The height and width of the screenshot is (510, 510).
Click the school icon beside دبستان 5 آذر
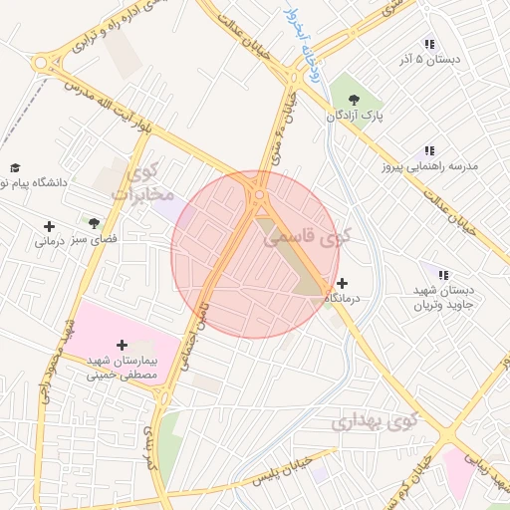[429, 45]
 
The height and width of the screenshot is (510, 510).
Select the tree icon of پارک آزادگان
[356, 99]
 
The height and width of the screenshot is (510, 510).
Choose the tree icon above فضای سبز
[94, 223]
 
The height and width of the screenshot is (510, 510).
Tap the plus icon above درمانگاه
[343, 283]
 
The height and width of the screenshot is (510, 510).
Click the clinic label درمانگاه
[343, 298]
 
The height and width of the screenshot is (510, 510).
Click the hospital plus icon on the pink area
[123, 344]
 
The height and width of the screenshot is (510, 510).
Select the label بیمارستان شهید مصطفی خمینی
[120, 368]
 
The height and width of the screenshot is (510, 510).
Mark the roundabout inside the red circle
[260, 196]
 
